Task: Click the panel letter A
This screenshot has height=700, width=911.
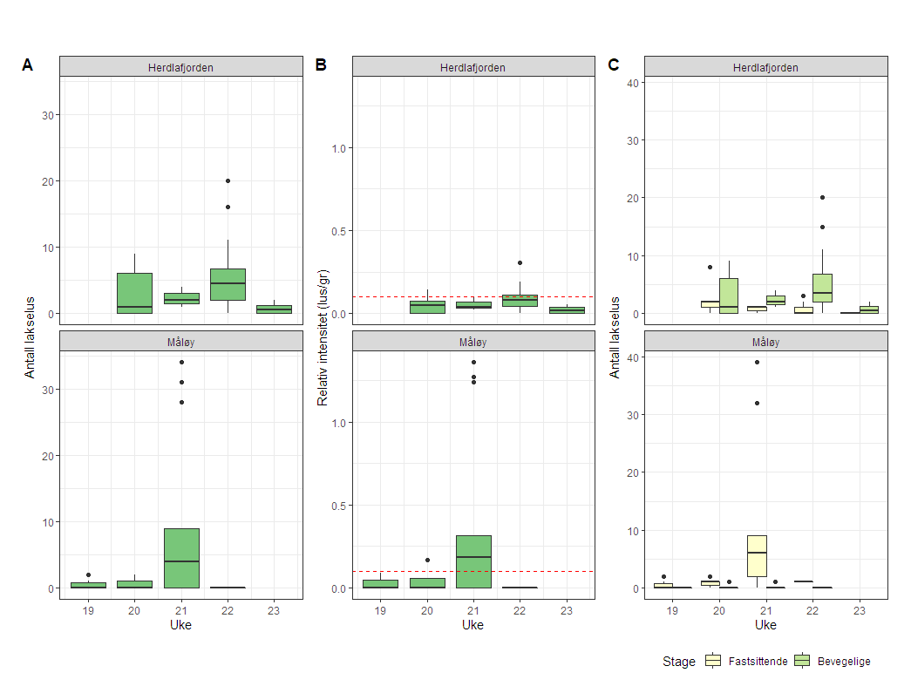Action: coord(28,65)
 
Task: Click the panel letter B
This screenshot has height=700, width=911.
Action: coord(321,65)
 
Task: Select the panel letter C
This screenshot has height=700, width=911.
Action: coord(614,65)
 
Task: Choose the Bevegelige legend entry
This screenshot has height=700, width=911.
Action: coord(834,662)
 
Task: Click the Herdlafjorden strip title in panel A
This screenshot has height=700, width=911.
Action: coord(181,67)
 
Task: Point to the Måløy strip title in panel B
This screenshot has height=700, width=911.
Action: coord(473,342)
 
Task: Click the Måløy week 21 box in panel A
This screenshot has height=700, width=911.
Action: coord(181,558)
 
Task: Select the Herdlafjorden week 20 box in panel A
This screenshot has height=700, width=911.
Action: coord(134,293)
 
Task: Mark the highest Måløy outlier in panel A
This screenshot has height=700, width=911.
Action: coord(181,362)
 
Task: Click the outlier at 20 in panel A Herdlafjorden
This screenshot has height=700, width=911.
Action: coord(228,180)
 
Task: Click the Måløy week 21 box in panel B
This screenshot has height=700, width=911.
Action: coord(473,561)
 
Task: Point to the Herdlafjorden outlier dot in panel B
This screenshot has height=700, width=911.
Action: coord(520,262)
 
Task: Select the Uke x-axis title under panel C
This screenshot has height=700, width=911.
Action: coord(765,625)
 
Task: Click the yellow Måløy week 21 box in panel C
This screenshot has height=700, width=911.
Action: coord(757,555)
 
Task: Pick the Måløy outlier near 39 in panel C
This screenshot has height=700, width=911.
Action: coord(757,362)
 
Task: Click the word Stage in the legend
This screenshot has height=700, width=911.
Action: coord(678,662)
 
